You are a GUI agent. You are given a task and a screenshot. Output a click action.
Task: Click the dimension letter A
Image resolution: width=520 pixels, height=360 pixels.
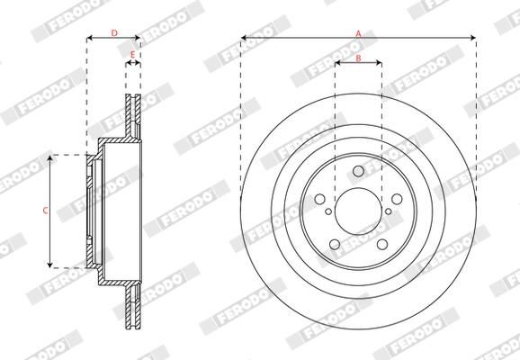tap(358, 33)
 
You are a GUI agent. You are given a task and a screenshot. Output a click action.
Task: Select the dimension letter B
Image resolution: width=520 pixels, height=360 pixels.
tap(358, 58)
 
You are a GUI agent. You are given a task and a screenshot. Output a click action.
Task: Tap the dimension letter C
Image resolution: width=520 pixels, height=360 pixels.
tap(46, 211)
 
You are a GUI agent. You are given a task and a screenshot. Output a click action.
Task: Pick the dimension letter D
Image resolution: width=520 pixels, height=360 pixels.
tap(113, 33)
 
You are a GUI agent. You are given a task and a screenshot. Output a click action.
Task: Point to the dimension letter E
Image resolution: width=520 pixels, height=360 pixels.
tap(132, 56)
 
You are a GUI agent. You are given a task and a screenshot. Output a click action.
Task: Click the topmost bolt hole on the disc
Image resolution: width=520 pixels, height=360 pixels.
tap(358, 172)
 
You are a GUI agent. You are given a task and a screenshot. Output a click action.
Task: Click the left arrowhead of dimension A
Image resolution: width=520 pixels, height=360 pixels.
tap(244, 38)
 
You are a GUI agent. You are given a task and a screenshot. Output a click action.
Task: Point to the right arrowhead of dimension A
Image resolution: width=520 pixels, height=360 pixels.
tap(473, 38)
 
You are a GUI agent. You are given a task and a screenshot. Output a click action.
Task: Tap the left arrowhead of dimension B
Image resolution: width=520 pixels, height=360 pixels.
tap(337, 64)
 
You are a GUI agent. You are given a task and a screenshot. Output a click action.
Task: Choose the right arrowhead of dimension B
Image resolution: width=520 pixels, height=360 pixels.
tap(379, 64)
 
